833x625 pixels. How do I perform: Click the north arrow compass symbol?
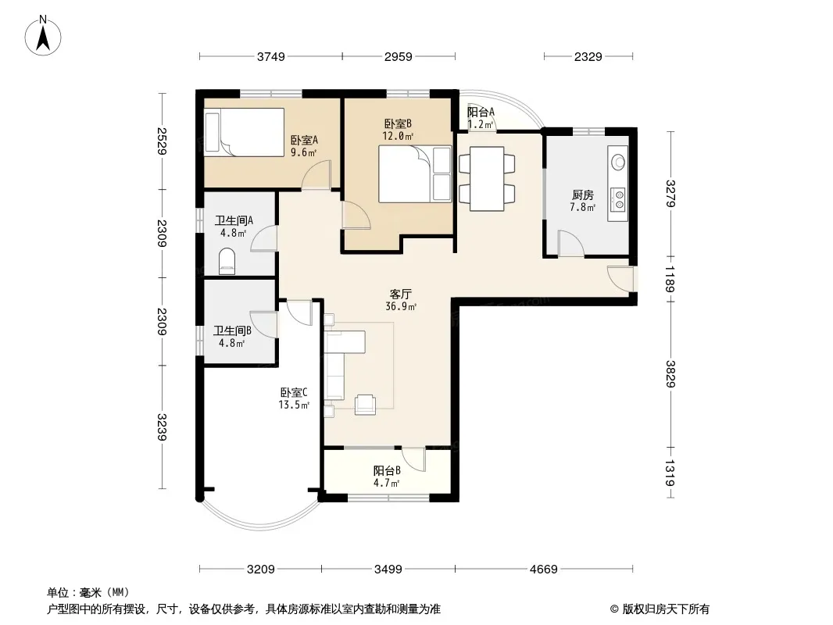(43, 35)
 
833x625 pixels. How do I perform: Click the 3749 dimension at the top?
(271, 56)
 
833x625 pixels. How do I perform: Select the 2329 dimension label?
(588, 56)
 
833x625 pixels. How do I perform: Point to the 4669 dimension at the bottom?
(543, 570)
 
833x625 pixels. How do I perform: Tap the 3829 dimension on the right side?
(670, 374)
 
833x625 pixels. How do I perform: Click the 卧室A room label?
(304, 140)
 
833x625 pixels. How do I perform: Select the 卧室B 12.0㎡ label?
(398, 130)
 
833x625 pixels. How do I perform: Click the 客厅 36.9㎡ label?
(401, 300)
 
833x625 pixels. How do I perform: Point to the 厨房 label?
(583, 195)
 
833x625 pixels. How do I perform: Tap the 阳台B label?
(387, 470)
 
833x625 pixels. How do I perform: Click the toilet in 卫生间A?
(227, 261)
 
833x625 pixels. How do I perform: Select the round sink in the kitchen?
(618, 162)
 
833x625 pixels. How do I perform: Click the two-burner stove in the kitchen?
(618, 200)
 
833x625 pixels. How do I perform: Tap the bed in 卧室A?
(245, 132)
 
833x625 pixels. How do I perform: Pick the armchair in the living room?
(365, 405)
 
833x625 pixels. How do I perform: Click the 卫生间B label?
(232, 330)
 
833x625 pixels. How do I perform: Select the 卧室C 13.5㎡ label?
(294, 398)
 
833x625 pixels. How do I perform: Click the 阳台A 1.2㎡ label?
(481, 118)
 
